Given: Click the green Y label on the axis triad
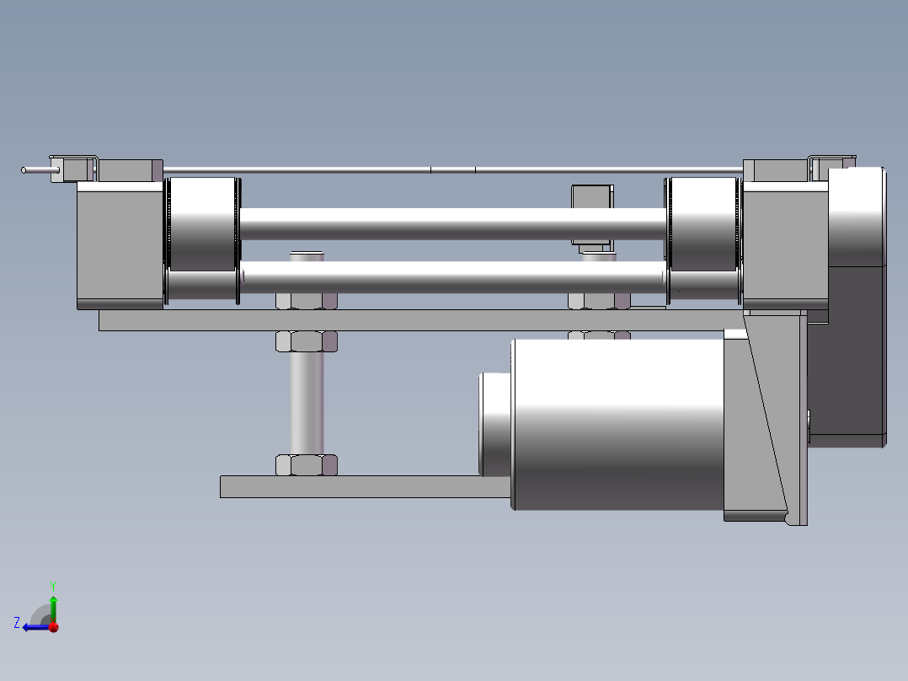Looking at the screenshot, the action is (53, 586).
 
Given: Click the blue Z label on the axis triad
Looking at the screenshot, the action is (17, 623).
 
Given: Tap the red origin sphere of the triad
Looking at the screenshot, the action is (54, 627).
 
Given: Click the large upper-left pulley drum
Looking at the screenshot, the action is (203, 223).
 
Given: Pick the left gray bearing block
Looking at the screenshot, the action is (120, 245).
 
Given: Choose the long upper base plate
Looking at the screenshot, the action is (421, 320).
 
